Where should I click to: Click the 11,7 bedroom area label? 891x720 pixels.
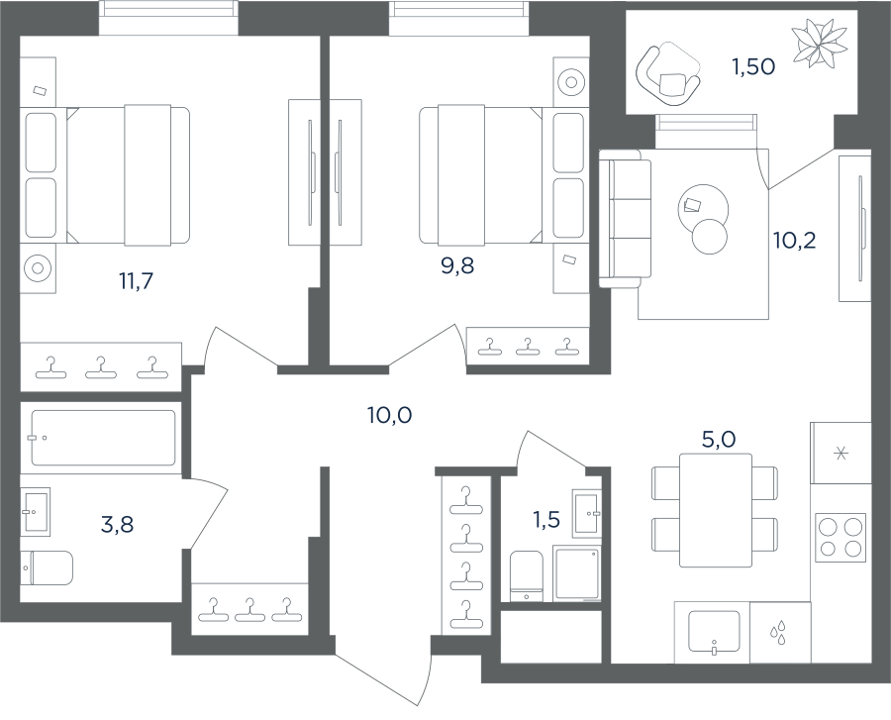coord(137,281)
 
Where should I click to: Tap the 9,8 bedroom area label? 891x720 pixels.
coord(457,265)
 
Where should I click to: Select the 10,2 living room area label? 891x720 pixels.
coord(794,241)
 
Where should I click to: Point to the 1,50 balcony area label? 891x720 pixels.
coord(753,67)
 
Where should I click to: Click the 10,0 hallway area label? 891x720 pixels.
coord(390,416)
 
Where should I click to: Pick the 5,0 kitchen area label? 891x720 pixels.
coord(720,440)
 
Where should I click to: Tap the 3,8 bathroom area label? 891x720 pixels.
coord(117,525)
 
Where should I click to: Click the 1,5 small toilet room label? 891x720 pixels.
coord(546,519)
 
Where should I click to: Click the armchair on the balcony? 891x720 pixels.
coord(667,75)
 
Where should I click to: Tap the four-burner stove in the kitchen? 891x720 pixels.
coord(841,538)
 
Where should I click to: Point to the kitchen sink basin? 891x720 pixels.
coord(714,631)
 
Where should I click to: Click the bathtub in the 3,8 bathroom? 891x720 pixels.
coord(103,438)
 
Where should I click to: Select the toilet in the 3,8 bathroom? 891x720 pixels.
coord(47,567)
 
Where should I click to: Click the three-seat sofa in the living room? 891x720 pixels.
coord(626,219)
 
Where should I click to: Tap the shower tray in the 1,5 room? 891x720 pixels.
coord(577,574)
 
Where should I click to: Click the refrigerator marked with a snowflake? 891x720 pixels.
coord(841,453)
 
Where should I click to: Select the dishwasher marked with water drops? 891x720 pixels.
coord(780,633)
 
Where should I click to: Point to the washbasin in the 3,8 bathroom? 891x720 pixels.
coord(36,511)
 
